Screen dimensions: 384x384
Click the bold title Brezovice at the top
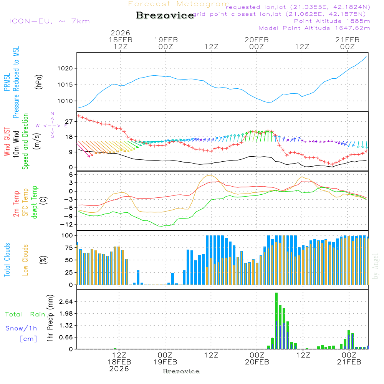165,15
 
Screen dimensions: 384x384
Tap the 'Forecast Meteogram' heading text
179,4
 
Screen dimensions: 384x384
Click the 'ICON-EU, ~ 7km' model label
49,21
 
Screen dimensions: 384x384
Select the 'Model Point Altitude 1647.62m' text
314,28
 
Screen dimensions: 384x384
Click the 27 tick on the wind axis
69,121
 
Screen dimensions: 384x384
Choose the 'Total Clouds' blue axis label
7,260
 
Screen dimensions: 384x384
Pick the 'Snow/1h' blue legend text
21,328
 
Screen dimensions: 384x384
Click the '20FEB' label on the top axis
256,39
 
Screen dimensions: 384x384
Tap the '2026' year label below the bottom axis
119,369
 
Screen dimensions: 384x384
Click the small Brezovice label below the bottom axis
181,371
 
